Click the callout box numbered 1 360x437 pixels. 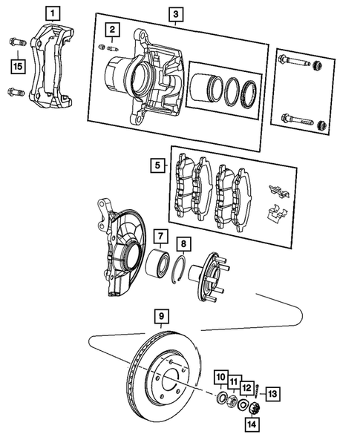51,13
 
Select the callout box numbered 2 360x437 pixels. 111,30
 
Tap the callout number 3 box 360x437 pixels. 175,14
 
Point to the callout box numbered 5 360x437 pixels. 156,165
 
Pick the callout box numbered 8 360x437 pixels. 183,242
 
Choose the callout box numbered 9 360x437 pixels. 160,318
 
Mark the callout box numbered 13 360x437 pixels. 274,393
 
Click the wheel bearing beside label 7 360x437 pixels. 158,263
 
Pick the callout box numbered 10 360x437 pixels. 221,378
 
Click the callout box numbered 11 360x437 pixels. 233,381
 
